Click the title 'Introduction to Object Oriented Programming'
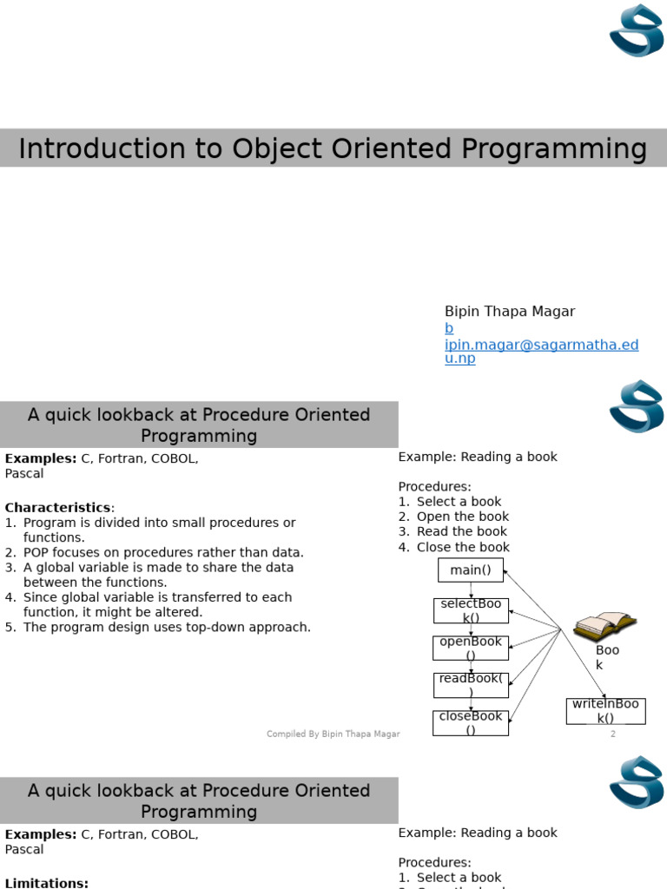click(333, 148)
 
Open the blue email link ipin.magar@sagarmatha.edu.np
click(541, 345)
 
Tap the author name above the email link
click(509, 312)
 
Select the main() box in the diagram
click(471, 570)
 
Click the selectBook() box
click(471, 610)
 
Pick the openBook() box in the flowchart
click(471, 649)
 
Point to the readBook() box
click(471, 685)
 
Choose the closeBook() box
click(471, 723)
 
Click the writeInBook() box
click(605, 711)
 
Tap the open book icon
click(604, 624)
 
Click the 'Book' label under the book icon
click(607, 657)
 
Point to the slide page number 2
click(612, 734)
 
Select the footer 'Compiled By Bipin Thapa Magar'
click(333, 734)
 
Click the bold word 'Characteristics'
click(58, 508)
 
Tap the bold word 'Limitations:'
click(47, 882)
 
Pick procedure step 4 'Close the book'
click(462, 547)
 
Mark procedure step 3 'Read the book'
click(461, 531)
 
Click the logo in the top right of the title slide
click(637, 30)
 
